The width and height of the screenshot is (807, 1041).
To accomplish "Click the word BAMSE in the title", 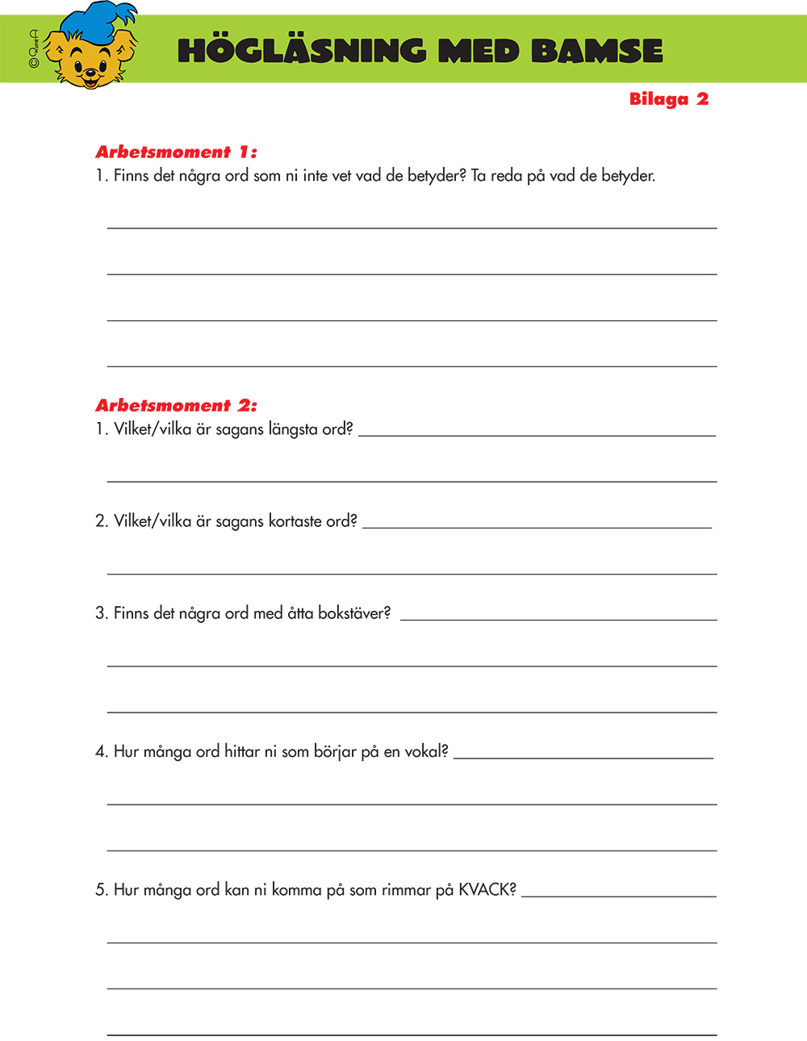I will [x=596, y=51].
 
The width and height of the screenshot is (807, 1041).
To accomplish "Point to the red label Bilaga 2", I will [x=668, y=99].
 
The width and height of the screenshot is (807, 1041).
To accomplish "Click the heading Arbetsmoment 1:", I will [x=176, y=152].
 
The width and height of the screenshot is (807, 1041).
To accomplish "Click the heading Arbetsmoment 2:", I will [x=176, y=405].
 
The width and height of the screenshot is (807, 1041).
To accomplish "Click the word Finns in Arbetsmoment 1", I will [x=131, y=176].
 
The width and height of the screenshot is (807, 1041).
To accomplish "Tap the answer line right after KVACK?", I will [x=618, y=896].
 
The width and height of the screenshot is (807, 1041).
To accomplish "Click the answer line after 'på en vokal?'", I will [x=583, y=758].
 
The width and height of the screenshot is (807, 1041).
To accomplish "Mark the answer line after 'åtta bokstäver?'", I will [x=558, y=620].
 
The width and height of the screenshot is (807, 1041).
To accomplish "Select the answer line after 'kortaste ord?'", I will [x=537, y=528].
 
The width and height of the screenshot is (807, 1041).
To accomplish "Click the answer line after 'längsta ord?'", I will [x=537, y=436].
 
